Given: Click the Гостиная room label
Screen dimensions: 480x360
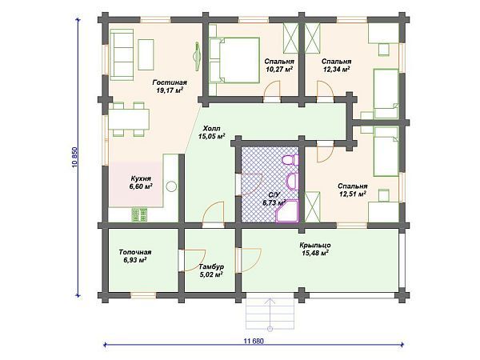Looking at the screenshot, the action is pos(170,82).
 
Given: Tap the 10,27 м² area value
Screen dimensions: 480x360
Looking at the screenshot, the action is pos(278,70).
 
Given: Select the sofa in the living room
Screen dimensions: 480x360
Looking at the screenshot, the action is pos(122,54).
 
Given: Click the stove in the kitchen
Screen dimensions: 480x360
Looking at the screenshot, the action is pos(139,214).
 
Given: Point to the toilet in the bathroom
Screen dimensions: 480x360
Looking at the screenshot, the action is pos(290,161).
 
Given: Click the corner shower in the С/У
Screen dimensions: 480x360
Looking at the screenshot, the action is pos(287,211).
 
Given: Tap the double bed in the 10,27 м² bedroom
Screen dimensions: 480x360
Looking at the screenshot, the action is pos(234,60).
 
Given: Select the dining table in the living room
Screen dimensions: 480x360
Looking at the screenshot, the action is pos(129,119).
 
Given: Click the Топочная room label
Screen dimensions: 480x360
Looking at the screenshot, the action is pos(135,252).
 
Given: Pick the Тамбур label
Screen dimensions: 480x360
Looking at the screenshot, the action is pos(211,267).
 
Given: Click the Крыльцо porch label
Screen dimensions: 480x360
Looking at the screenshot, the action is pos(315,246).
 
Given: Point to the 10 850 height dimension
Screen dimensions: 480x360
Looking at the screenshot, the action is pos(75,158).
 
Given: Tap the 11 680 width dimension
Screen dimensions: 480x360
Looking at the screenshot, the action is pos(254,341).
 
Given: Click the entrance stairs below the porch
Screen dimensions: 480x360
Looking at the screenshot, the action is pos(270,313).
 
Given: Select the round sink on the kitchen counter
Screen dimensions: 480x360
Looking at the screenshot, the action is pos(171,186).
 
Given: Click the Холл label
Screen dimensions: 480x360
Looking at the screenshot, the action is pos(211,129).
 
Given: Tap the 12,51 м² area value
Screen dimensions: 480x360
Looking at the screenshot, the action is pos(353,194).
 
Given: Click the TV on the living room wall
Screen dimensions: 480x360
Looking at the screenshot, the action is pos(196,56).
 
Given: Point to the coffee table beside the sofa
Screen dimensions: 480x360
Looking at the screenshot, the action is pos(146,54).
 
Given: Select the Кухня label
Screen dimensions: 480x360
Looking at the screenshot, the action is pos(141,178).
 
